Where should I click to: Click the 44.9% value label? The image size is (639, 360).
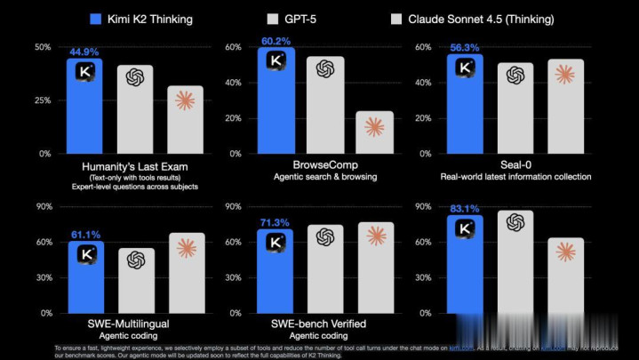[83, 52]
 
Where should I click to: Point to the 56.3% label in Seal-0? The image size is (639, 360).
[464, 49]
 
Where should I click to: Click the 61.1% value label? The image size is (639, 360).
[85, 235]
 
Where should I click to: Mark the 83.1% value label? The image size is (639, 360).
[464, 209]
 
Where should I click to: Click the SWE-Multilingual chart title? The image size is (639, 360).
[135, 323]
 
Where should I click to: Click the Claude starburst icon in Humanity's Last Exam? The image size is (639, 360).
[185, 100]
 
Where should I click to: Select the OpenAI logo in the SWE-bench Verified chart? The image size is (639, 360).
[324, 236]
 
